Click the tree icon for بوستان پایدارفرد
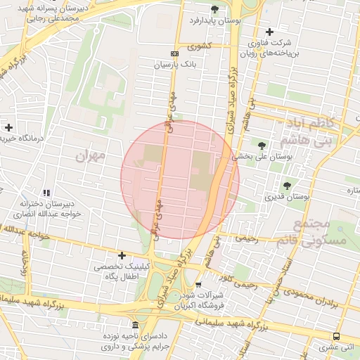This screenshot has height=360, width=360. [214, 9]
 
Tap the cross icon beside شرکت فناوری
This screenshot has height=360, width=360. [270, 32]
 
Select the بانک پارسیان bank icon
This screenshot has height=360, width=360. [174, 53]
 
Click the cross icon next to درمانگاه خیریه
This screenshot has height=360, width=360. [8, 127]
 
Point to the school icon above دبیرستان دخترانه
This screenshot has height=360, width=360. [46, 193]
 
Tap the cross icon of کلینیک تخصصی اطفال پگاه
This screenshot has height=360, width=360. [122, 255]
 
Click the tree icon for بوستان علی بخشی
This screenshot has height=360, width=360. [262, 146]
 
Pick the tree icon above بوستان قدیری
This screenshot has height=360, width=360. [287, 186]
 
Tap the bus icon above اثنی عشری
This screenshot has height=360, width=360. [336, 336]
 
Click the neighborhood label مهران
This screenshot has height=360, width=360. [91, 154]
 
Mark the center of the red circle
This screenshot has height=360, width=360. [180, 180]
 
